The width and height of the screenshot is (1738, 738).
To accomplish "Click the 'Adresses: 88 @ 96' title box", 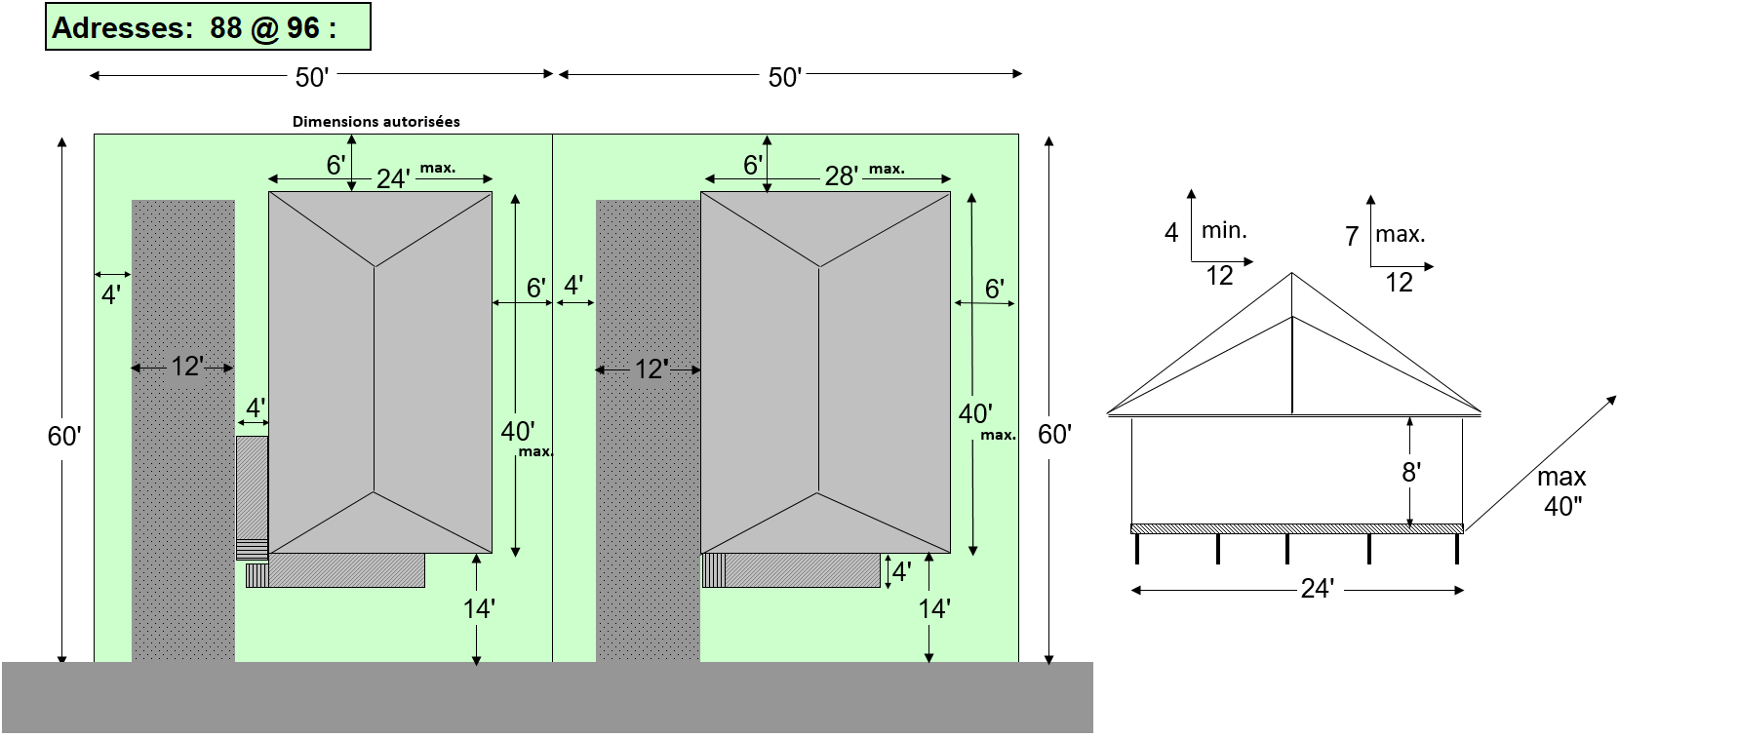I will tap(208, 27).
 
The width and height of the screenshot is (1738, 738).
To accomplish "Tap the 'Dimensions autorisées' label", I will tap(375, 122).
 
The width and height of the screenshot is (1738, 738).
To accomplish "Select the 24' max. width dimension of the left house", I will tap(392, 178).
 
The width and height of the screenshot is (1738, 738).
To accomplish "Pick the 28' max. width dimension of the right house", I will tap(841, 175).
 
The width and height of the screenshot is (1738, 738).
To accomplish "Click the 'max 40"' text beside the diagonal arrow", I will tap(1561, 490).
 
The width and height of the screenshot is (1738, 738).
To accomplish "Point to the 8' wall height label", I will tap(1410, 473).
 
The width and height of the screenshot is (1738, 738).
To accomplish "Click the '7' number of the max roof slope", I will tap(1352, 236).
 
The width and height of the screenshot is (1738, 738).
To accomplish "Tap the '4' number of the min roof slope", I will tap(1171, 232).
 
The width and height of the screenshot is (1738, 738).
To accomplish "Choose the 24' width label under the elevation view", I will tap(1317, 589).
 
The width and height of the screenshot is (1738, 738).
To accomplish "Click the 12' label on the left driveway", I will tap(186, 367).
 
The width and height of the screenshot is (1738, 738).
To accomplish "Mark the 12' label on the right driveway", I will tap(651, 369).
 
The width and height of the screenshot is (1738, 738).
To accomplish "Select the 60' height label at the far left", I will tap(64, 436).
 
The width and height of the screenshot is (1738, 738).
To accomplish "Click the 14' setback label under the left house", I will tap(478, 609).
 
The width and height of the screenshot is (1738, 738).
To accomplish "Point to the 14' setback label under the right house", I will tap(933, 609).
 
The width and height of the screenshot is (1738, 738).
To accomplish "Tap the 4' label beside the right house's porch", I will tap(901, 571).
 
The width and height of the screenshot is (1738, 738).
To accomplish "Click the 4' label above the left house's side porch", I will tap(256, 408).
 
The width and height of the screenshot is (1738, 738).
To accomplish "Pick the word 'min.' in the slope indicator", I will tap(1224, 230).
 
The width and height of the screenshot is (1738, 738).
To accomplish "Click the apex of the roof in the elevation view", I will tap(1291, 274).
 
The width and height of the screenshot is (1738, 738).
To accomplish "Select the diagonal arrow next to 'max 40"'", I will tap(1541, 463).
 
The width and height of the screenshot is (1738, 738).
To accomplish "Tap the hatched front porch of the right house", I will tap(802, 570).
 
